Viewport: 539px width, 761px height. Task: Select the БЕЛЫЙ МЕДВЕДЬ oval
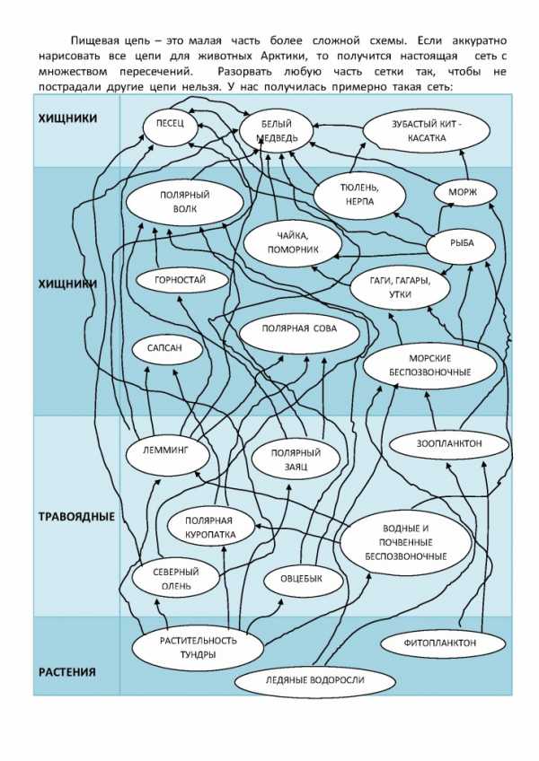tap(275, 131)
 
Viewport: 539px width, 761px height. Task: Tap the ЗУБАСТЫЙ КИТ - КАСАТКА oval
tap(427, 131)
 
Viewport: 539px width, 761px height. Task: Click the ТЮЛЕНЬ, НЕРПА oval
tap(358, 195)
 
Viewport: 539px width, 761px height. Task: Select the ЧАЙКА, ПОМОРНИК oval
tap(293, 242)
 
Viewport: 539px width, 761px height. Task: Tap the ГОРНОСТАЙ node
tap(180, 280)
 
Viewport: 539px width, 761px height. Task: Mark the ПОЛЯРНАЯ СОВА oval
tap(299, 329)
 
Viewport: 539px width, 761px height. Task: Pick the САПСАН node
tap(169, 350)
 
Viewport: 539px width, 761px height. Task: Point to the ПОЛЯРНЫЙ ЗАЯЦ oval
tap(296, 460)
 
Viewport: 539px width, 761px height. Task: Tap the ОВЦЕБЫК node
tap(305, 580)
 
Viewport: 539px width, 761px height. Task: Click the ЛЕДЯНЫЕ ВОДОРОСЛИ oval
tap(314, 680)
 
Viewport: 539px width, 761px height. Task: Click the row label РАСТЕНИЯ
tap(66, 672)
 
